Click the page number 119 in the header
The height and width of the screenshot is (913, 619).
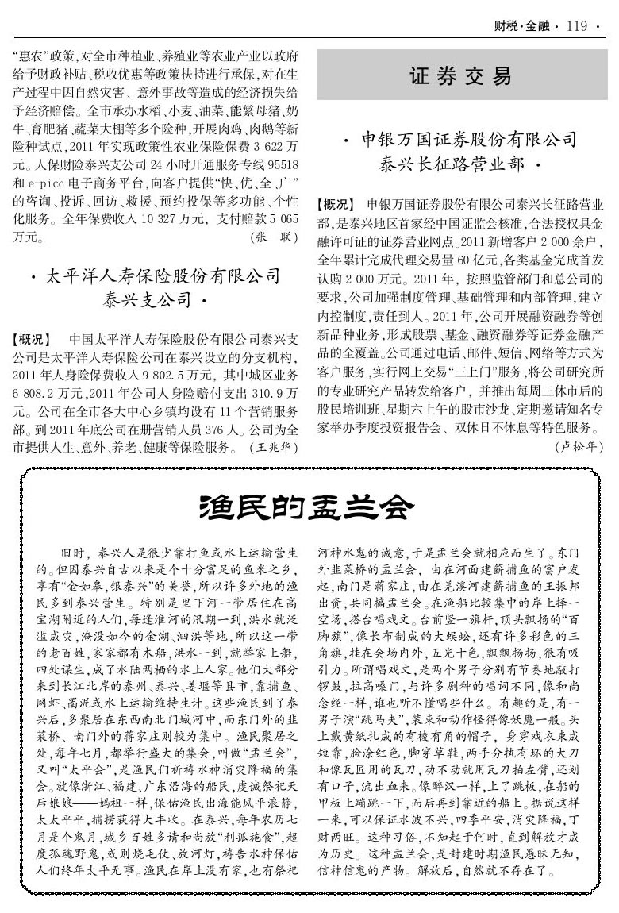[x=577, y=26]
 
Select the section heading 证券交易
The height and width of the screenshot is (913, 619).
[x=461, y=77]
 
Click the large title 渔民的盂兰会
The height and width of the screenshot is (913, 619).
[x=308, y=507]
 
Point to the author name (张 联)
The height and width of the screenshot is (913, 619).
[x=272, y=237]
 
